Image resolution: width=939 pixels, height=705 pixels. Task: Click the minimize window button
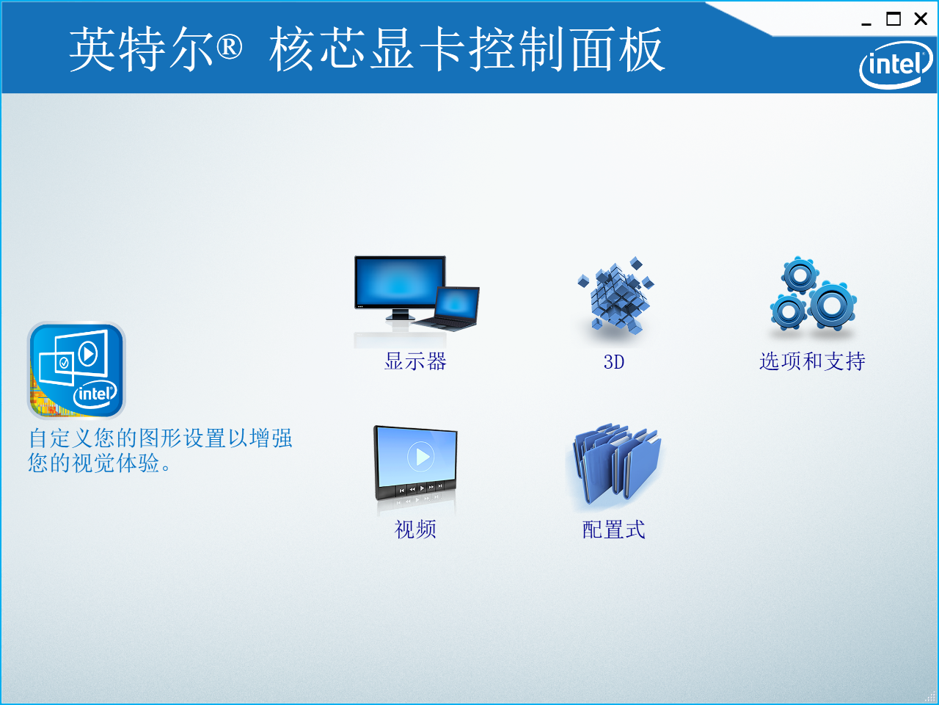866,21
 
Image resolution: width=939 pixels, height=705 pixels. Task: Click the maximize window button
894,19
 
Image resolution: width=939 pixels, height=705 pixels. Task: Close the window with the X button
921,19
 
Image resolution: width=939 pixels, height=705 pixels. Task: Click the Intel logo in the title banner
895,65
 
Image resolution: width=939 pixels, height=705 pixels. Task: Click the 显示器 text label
415,361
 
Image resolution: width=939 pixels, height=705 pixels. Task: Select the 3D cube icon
615,296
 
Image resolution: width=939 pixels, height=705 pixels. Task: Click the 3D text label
614,362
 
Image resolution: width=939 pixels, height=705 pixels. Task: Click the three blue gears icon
812,294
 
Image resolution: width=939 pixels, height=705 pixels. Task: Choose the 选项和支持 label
812,361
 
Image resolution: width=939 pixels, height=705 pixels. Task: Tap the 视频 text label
415,529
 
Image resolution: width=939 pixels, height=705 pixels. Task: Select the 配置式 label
614,529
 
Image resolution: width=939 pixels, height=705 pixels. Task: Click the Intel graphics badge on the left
76,370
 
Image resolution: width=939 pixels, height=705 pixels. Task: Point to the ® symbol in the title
229,48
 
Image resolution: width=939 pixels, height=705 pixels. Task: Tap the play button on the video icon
421,457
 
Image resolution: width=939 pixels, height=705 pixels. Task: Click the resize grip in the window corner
932,698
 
